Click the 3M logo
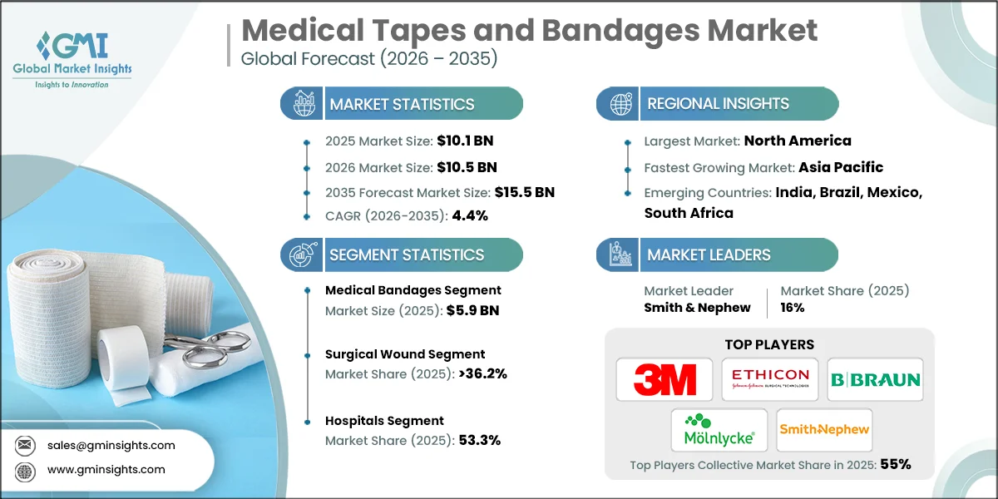coord(665,379)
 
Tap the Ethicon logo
coord(769,379)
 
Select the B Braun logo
coord(875,379)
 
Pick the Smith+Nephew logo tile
coord(824,430)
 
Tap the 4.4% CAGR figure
coord(469,215)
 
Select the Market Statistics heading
coord(402,104)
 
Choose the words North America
coord(798,141)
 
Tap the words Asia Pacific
coord(841,167)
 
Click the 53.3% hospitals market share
coord(480,441)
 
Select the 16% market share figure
coord(792,308)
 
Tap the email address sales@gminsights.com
coord(111,445)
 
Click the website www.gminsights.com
coord(106,469)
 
